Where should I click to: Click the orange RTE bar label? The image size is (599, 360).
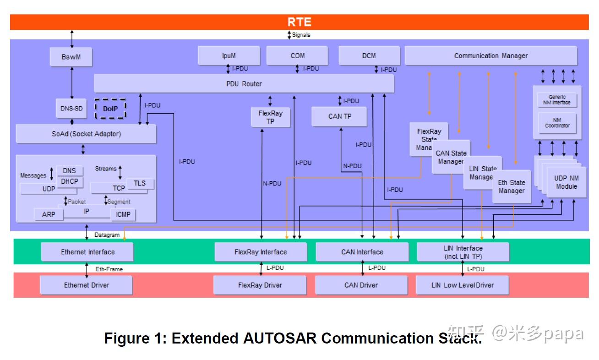coord(299,22)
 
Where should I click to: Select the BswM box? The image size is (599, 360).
coord(71,57)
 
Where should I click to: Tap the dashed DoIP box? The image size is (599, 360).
coord(110,109)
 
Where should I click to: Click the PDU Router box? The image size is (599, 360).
coord(244,84)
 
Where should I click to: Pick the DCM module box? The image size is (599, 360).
coord(369,56)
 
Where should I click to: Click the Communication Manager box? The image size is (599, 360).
coord(490,56)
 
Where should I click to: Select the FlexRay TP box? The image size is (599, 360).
coord(270,117)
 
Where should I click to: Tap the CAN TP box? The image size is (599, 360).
coord(339,116)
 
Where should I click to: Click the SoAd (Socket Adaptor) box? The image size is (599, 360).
coord(86,134)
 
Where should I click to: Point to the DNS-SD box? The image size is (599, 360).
coord(71,109)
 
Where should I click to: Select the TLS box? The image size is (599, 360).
coord(140,183)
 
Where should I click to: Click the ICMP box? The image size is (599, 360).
coord(123,214)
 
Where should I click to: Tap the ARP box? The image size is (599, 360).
coord(49,214)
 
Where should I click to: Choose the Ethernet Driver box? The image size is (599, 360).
coord(86,285)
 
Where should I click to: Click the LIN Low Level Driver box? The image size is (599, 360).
coord(462,285)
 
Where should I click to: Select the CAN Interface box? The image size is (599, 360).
coord(362,252)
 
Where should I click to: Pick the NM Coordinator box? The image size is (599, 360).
coord(557,123)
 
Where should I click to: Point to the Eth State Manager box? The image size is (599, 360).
coord(511,186)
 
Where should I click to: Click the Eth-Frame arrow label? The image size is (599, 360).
coord(109,269)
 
